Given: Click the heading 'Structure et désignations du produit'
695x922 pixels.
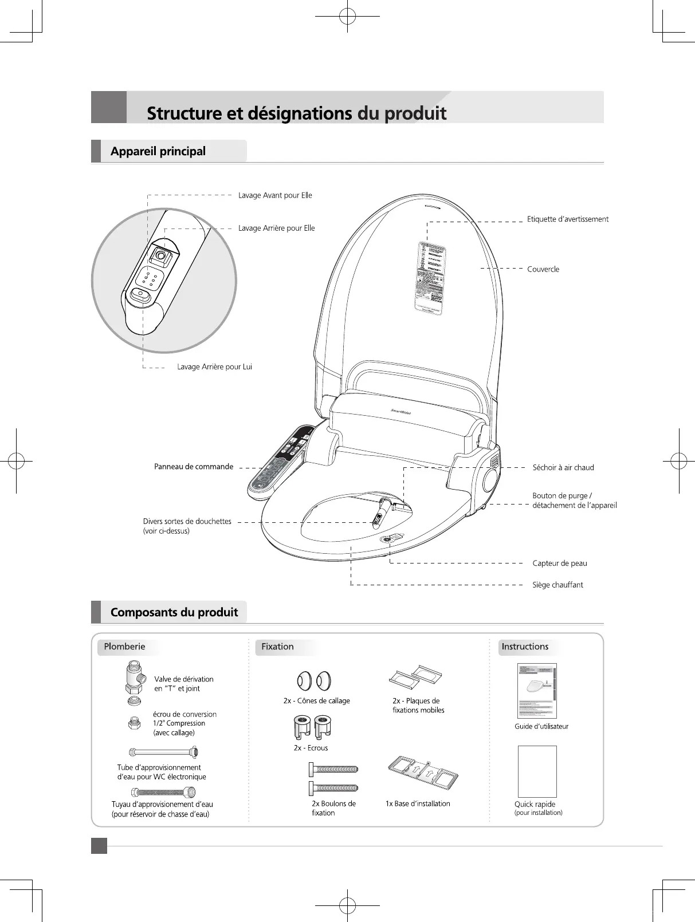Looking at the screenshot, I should [x=296, y=113].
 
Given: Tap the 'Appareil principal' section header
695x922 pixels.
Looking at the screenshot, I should [x=158, y=151].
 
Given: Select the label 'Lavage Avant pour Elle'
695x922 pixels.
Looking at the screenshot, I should [x=275, y=195].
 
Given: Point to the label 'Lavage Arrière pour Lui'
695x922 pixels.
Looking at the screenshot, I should [x=214, y=367].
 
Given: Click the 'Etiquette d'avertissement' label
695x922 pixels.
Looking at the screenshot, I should [x=567, y=219].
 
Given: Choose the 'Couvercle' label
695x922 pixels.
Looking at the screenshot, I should [x=543, y=269].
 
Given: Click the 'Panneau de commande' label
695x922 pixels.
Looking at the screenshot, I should [x=194, y=467].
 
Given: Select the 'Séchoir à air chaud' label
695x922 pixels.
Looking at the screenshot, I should [x=563, y=467].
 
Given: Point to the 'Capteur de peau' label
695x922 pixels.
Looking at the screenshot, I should [x=559, y=563].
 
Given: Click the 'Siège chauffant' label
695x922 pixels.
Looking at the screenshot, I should [x=557, y=585].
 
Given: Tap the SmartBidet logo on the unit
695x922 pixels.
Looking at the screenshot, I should [x=400, y=412].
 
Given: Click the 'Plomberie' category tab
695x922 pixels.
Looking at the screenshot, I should [x=124, y=647].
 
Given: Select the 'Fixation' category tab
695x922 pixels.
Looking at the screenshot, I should [x=277, y=647].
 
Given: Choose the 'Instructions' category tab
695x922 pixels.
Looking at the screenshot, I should [x=524, y=647].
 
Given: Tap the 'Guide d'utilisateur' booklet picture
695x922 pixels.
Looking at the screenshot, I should [x=537, y=691].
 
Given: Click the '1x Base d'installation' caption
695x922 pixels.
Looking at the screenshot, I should [x=418, y=803].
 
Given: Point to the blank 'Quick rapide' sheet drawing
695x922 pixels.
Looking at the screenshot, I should [x=537, y=771].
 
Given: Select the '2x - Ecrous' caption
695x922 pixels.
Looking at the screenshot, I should [x=311, y=748].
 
